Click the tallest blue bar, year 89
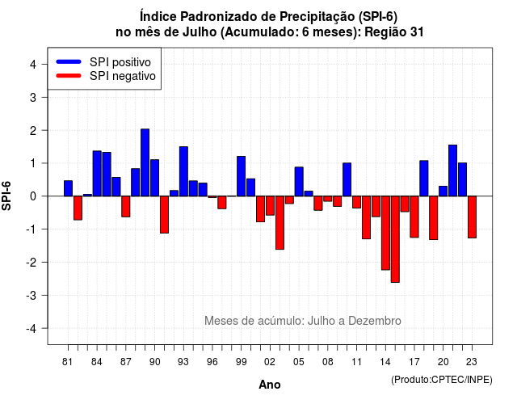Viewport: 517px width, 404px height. pyautogui.click(x=145, y=162)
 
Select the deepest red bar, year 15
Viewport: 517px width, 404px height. pyautogui.click(x=395, y=239)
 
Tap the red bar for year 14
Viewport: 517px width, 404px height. pyautogui.click(x=385, y=233)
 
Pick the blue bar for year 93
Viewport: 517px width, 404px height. pyautogui.click(x=183, y=171)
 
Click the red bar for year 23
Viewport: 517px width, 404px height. pyautogui.click(x=472, y=217)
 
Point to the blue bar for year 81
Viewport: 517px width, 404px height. pyautogui.click(x=68, y=188)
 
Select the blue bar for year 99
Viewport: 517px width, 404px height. pyautogui.click(x=242, y=176)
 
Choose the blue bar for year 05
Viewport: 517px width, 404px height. pyautogui.click(x=299, y=182)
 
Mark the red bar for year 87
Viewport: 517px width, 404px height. pyautogui.click(x=126, y=207)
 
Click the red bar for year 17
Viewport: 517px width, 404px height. pyautogui.click(x=414, y=217)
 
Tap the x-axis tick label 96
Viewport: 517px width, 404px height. pyautogui.click(x=212, y=362)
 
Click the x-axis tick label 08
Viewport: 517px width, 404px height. pyautogui.click(x=328, y=362)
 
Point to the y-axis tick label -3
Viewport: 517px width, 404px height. pyautogui.click(x=32, y=295)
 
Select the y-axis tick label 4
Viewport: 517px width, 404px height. pyautogui.click(x=33, y=65)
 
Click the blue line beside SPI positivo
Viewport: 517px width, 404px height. pyautogui.click(x=69, y=61)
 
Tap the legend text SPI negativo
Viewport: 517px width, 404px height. pyautogui.click(x=123, y=76)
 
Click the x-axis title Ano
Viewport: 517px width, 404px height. pyautogui.click(x=270, y=385)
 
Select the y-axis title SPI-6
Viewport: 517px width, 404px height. pyautogui.click(x=6, y=196)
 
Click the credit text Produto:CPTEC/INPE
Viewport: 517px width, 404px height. pyautogui.click(x=442, y=380)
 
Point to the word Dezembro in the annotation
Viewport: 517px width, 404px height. pyautogui.click(x=375, y=321)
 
